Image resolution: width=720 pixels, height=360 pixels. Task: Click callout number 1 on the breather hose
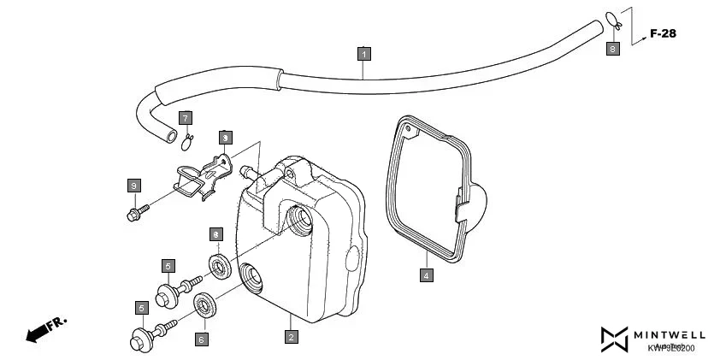point(363,54)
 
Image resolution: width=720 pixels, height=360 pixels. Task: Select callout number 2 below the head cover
point(291,337)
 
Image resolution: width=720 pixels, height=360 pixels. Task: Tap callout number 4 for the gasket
point(426,275)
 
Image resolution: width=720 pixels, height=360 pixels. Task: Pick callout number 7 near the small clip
point(185,117)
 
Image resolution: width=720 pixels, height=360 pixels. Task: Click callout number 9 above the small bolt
point(133,185)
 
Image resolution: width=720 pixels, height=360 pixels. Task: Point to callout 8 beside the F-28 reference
point(612,50)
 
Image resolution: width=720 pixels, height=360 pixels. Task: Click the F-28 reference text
point(664,34)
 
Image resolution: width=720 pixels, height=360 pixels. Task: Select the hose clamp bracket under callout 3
point(202,174)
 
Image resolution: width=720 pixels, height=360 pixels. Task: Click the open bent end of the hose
point(173,135)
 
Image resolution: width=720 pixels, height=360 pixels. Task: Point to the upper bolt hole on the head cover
point(302,219)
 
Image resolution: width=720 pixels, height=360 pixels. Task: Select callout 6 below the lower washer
point(201,339)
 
